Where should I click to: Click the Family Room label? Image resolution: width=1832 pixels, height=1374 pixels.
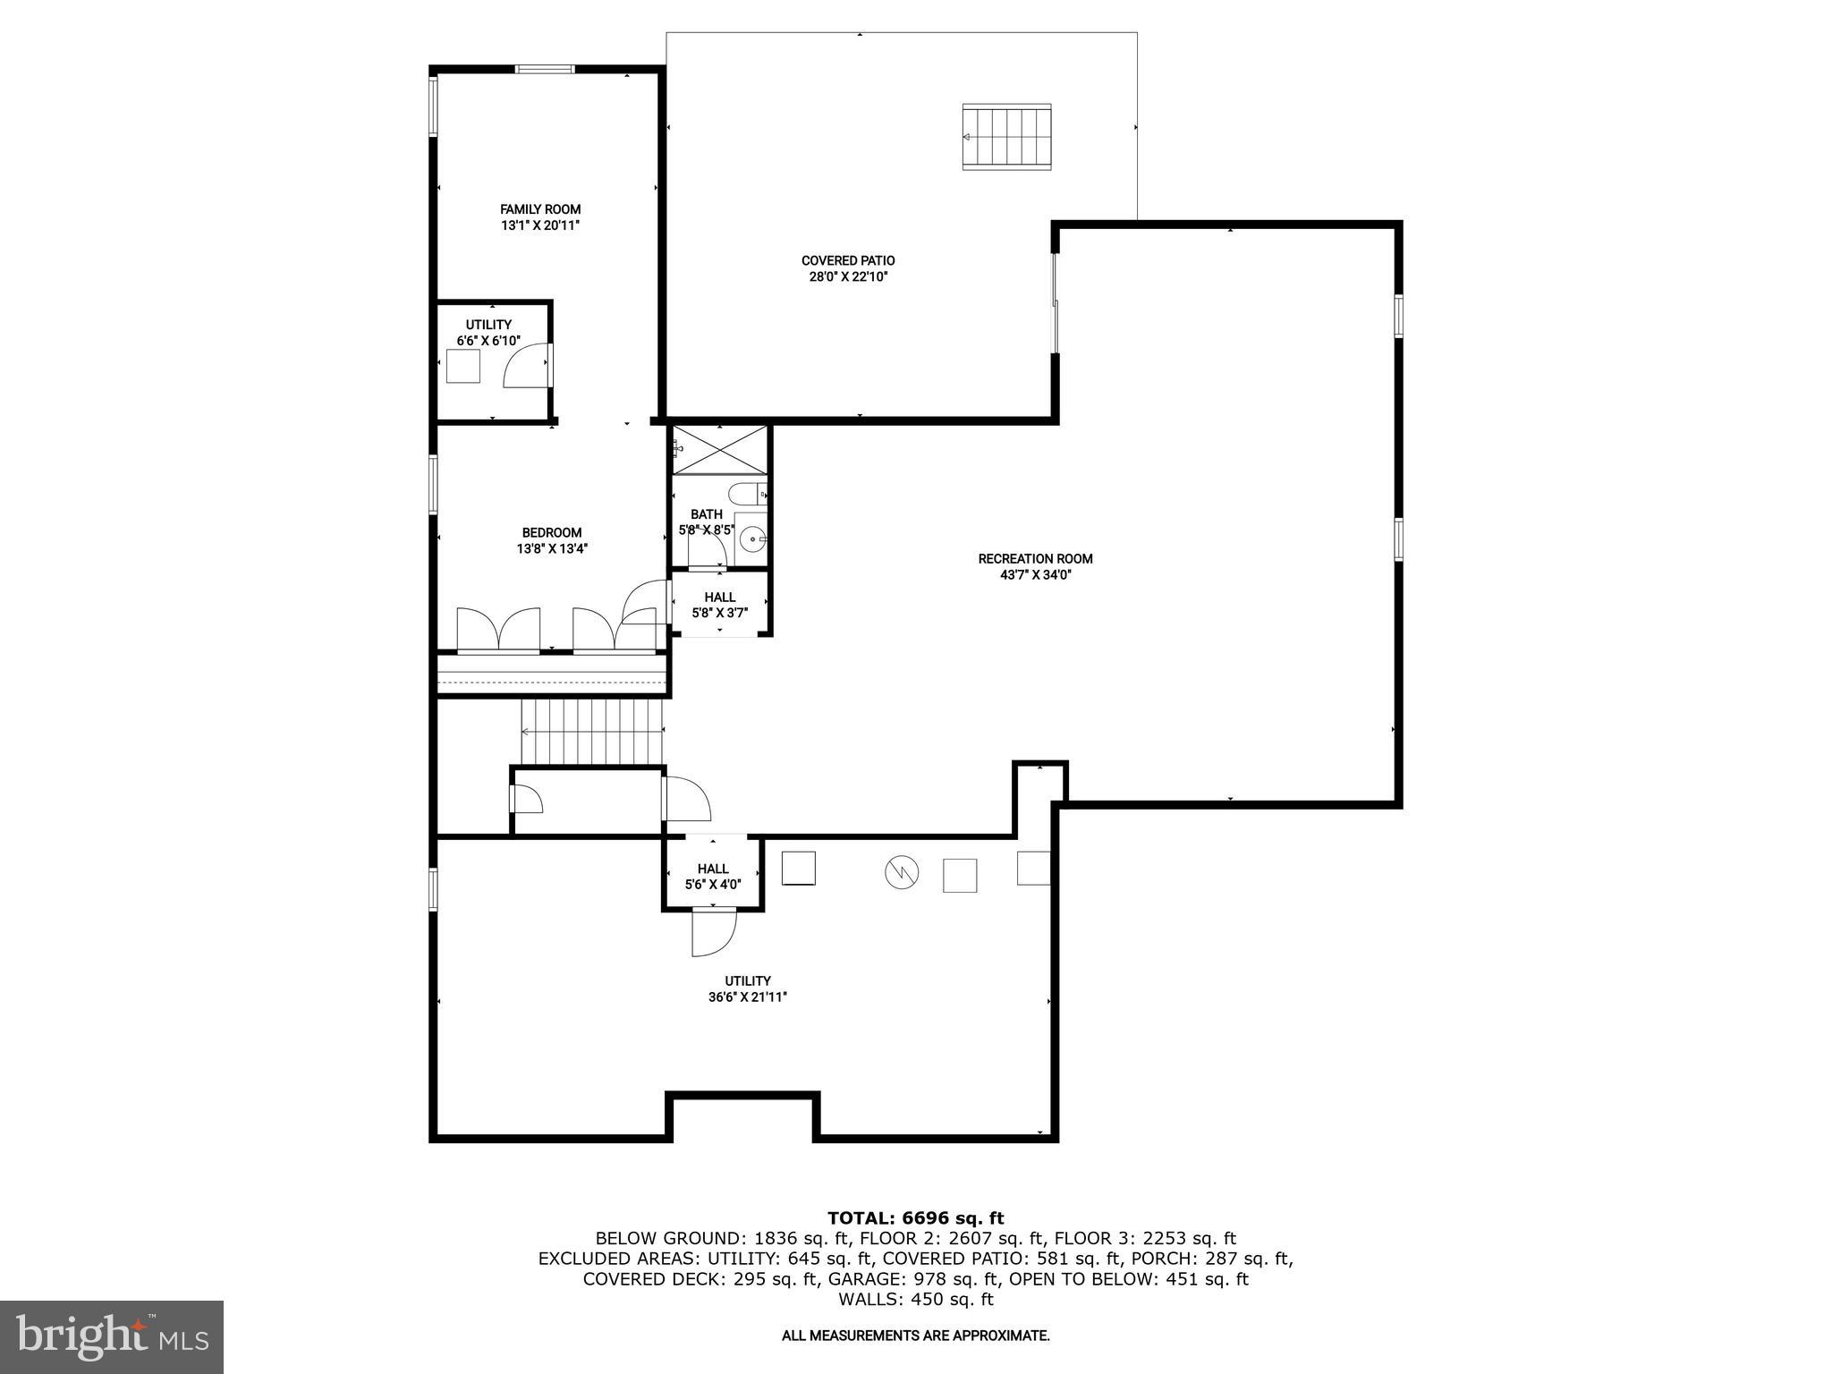point(540,209)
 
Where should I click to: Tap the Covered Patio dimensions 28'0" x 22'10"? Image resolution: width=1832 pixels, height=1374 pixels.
point(848,277)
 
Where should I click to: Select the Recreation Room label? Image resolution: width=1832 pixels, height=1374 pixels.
point(1035,559)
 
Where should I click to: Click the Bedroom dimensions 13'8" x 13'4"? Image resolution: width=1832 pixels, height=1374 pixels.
point(552,549)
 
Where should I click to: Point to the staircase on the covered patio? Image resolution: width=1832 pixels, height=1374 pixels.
point(1006,137)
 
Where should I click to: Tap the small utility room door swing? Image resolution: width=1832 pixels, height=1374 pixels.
point(526,367)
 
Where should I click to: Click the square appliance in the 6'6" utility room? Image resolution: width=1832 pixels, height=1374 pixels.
point(463,366)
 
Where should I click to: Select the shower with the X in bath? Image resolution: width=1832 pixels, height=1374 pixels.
point(720,449)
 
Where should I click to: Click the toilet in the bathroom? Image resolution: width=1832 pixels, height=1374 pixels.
point(745,493)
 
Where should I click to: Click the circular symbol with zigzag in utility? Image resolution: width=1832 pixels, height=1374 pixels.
point(902,871)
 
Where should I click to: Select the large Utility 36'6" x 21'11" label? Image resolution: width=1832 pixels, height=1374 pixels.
point(748,989)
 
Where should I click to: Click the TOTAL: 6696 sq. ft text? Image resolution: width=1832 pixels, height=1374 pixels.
point(915,1217)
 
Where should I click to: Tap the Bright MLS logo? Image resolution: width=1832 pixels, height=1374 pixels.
point(112,1336)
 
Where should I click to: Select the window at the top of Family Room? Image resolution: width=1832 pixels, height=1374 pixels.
point(545,69)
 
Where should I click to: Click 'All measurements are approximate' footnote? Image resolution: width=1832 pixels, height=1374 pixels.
point(915,1336)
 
